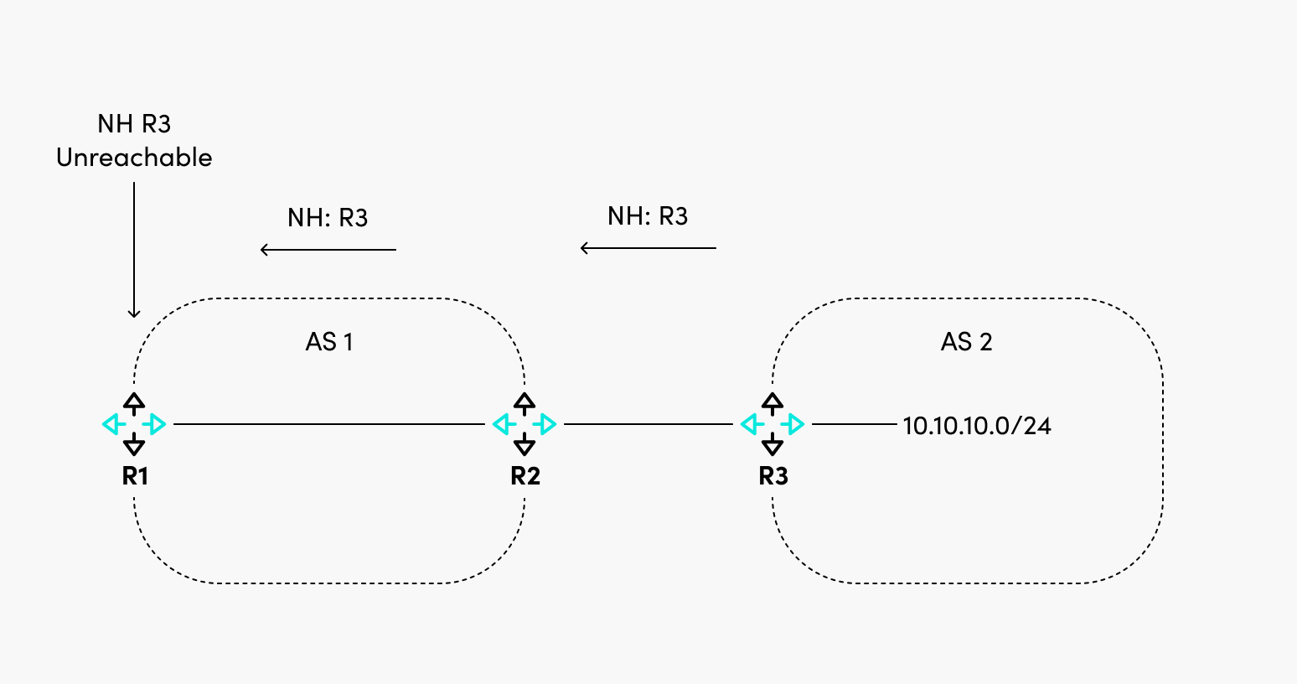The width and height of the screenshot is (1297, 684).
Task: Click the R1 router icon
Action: pyautogui.click(x=134, y=424)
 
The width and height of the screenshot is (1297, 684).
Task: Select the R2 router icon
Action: pyautogui.click(x=524, y=424)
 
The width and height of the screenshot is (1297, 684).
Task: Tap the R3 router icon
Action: pyautogui.click(x=773, y=424)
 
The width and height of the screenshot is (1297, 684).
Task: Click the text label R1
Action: pyautogui.click(x=135, y=476)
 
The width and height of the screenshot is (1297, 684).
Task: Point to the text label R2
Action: pyautogui.click(x=525, y=476)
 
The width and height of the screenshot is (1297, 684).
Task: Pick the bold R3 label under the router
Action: pyautogui.click(x=773, y=476)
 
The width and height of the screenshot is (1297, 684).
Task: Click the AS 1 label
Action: pyautogui.click(x=329, y=342)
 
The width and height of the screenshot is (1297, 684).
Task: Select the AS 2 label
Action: pyautogui.click(x=966, y=342)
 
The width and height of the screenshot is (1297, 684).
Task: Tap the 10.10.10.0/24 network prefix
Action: pyautogui.click(x=976, y=426)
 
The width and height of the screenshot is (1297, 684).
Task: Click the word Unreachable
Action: pyautogui.click(x=134, y=158)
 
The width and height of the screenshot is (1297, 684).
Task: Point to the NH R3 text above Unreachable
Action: pyautogui.click(x=134, y=124)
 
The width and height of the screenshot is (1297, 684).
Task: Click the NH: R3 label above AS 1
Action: pyautogui.click(x=328, y=218)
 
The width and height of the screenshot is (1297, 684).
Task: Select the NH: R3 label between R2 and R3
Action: pyautogui.click(x=648, y=216)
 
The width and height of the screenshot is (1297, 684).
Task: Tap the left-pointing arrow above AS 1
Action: pyautogui.click(x=328, y=249)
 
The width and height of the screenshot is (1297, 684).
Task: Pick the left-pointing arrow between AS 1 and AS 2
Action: pyautogui.click(x=648, y=248)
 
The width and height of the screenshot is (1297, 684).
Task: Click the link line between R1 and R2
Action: pyautogui.click(x=328, y=424)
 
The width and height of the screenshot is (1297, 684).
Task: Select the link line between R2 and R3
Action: pyautogui.click(x=648, y=424)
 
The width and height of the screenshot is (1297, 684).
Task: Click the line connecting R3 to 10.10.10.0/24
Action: pyautogui.click(x=854, y=424)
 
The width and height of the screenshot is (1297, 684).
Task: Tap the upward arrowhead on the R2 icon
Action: pyautogui.click(x=524, y=402)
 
